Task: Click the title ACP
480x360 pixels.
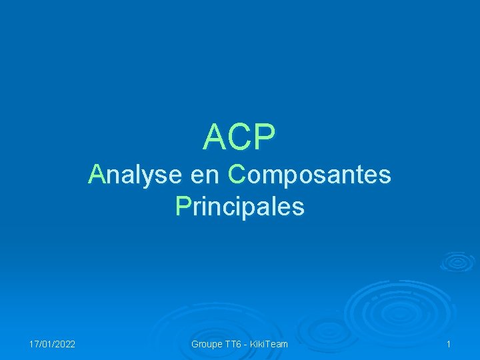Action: [239, 137]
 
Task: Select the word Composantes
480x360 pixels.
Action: [309, 175]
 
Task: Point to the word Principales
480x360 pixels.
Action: [240, 207]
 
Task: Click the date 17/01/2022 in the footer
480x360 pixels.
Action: [52, 344]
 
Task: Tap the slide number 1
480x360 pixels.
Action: [449, 344]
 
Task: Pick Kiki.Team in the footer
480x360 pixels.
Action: [270, 344]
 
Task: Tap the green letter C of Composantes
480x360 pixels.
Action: [237, 175]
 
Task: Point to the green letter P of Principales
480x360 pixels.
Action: [183, 207]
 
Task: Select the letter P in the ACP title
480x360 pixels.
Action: [264, 137]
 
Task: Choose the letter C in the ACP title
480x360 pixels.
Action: [240, 137]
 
